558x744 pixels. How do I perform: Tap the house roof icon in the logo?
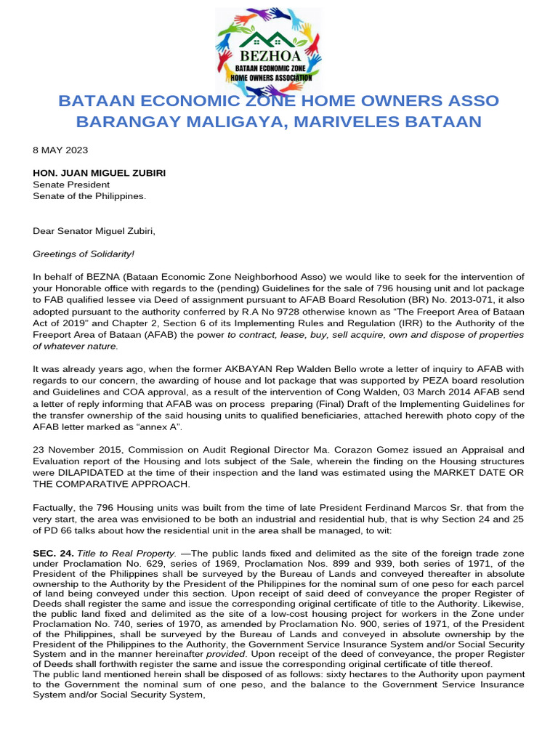pos(268,39)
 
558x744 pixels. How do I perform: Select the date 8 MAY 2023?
pos(60,150)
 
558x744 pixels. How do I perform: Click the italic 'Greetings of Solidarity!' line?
pos(84,254)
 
